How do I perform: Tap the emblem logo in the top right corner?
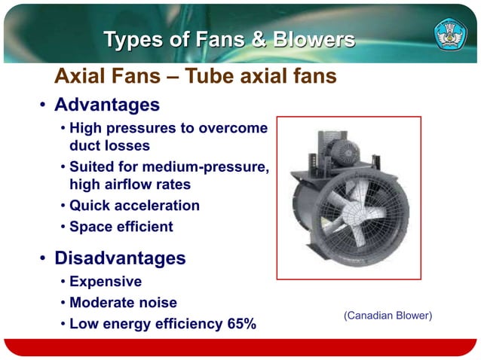(x=450, y=35)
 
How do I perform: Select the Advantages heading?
(x=106, y=103)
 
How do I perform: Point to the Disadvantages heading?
(x=120, y=258)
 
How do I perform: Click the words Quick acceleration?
(x=134, y=206)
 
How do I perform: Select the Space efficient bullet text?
(x=121, y=227)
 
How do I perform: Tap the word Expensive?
(x=105, y=282)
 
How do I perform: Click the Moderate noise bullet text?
(x=123, y=303)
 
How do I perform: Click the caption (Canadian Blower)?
(x=388, y=316)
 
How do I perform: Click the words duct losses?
(x=109, y=145)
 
